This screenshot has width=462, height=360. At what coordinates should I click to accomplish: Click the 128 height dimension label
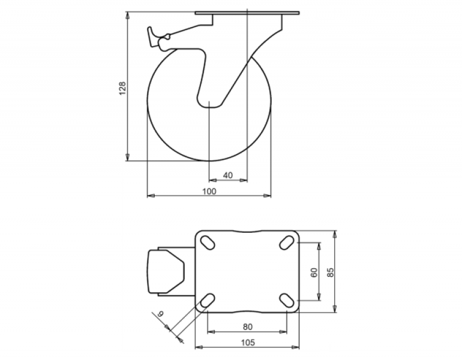click(x=122, y=88)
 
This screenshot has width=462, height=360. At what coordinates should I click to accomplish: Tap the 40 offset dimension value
click(x=228, y=175)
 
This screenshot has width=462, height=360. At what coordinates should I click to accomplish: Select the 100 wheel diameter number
click(x=209, y=191)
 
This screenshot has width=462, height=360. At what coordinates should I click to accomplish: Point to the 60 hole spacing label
click(x=314, y=272)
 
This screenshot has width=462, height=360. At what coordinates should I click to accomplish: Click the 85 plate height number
click(x=331, y=272)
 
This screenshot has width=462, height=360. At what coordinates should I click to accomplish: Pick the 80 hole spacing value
click(x=247, y=327)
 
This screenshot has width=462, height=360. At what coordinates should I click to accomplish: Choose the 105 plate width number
click(x=248, y=343)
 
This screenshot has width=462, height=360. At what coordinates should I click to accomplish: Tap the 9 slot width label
click(x=160, y=314)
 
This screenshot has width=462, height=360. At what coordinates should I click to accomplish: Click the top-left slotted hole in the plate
click(x=208, y=243)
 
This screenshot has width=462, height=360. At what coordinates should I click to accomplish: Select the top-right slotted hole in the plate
click(x=287, y=243)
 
